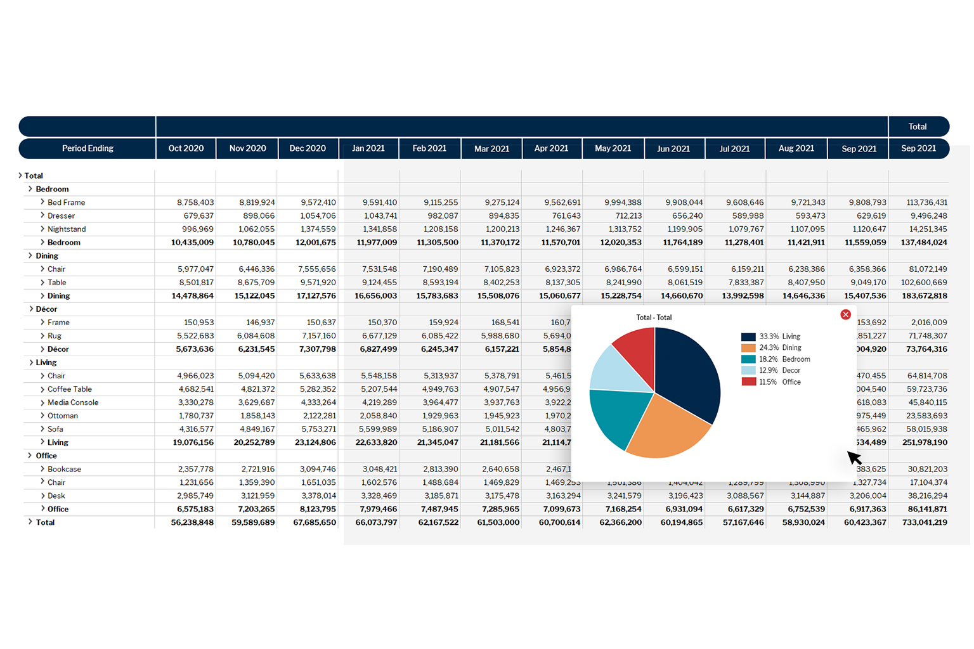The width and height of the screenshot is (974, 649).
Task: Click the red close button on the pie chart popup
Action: coord(845,314)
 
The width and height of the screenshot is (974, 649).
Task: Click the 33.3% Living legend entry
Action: coord(771,337)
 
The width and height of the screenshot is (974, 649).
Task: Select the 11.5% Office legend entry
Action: coord(771,382)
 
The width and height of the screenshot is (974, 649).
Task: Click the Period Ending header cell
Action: coord(88,148)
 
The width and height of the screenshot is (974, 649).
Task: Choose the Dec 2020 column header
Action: coord(308,148)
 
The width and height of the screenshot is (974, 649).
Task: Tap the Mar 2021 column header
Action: coord(491,149)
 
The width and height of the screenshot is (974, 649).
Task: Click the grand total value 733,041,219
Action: coord(925,522)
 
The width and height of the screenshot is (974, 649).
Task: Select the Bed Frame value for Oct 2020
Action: coord(195,202)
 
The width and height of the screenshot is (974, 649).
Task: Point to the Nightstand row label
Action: coord(67,229)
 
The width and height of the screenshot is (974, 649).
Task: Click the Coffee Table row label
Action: coord(70,389)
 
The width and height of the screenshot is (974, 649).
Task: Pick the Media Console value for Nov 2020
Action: coord(257,402)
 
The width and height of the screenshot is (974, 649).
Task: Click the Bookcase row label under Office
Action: coord(64,469)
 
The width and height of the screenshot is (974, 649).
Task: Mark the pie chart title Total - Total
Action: coord(654,318)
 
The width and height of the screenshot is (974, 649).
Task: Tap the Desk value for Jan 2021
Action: coord(379,496)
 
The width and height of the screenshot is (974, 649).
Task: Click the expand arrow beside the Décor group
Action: coord(31,309)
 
